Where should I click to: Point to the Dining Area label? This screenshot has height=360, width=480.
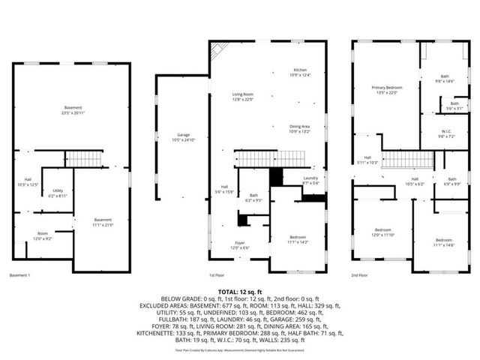pos(299,128)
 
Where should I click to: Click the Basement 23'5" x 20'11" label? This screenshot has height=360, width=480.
pos(73,110)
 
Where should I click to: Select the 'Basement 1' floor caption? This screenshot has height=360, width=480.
pos(20,275)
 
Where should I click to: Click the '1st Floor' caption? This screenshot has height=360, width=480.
pos(217,275)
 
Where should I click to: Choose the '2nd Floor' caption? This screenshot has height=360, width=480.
pos(360,275)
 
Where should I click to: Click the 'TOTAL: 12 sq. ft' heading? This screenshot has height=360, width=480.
pos(239,291)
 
